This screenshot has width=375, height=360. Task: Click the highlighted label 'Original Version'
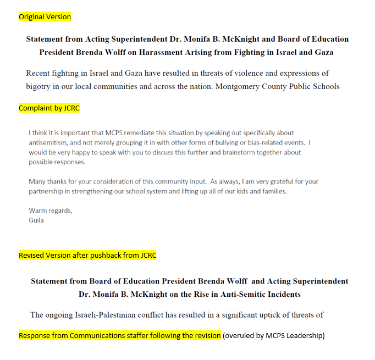point(45,17)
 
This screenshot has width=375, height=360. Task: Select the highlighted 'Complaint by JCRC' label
point(49,108)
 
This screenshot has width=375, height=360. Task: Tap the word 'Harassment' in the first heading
point(197,52)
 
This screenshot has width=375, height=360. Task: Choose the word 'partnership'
point(46,191)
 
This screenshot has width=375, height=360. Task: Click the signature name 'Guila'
point(37,220)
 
